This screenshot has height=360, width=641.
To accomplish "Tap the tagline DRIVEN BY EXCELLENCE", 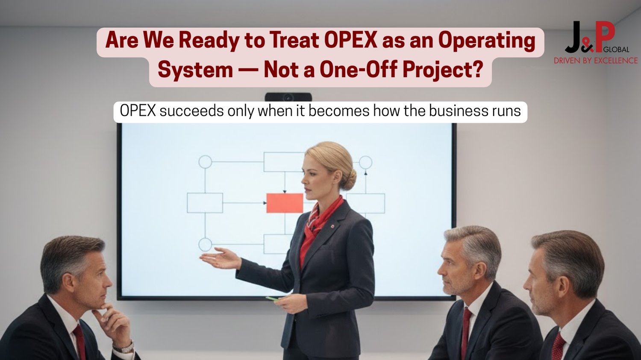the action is click(x=596, y=61).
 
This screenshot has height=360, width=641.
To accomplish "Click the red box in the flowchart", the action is click(x=285, y=203).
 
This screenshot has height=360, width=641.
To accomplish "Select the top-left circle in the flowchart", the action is click(x=205, y=162).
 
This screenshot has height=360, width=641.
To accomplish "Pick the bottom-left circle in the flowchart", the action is click(x=205, y=244).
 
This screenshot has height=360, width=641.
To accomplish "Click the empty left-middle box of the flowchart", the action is click(x=205, y=203).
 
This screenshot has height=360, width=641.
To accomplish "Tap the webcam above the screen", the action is click(x=288, y=97).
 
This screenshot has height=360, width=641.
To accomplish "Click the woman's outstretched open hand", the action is click(x=221, y=258).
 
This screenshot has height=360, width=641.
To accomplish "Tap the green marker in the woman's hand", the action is click(x=272, y=299).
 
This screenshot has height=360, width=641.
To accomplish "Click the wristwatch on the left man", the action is click(x=124, y=348).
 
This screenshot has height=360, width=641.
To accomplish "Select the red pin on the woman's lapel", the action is click(x=332, y=226).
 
